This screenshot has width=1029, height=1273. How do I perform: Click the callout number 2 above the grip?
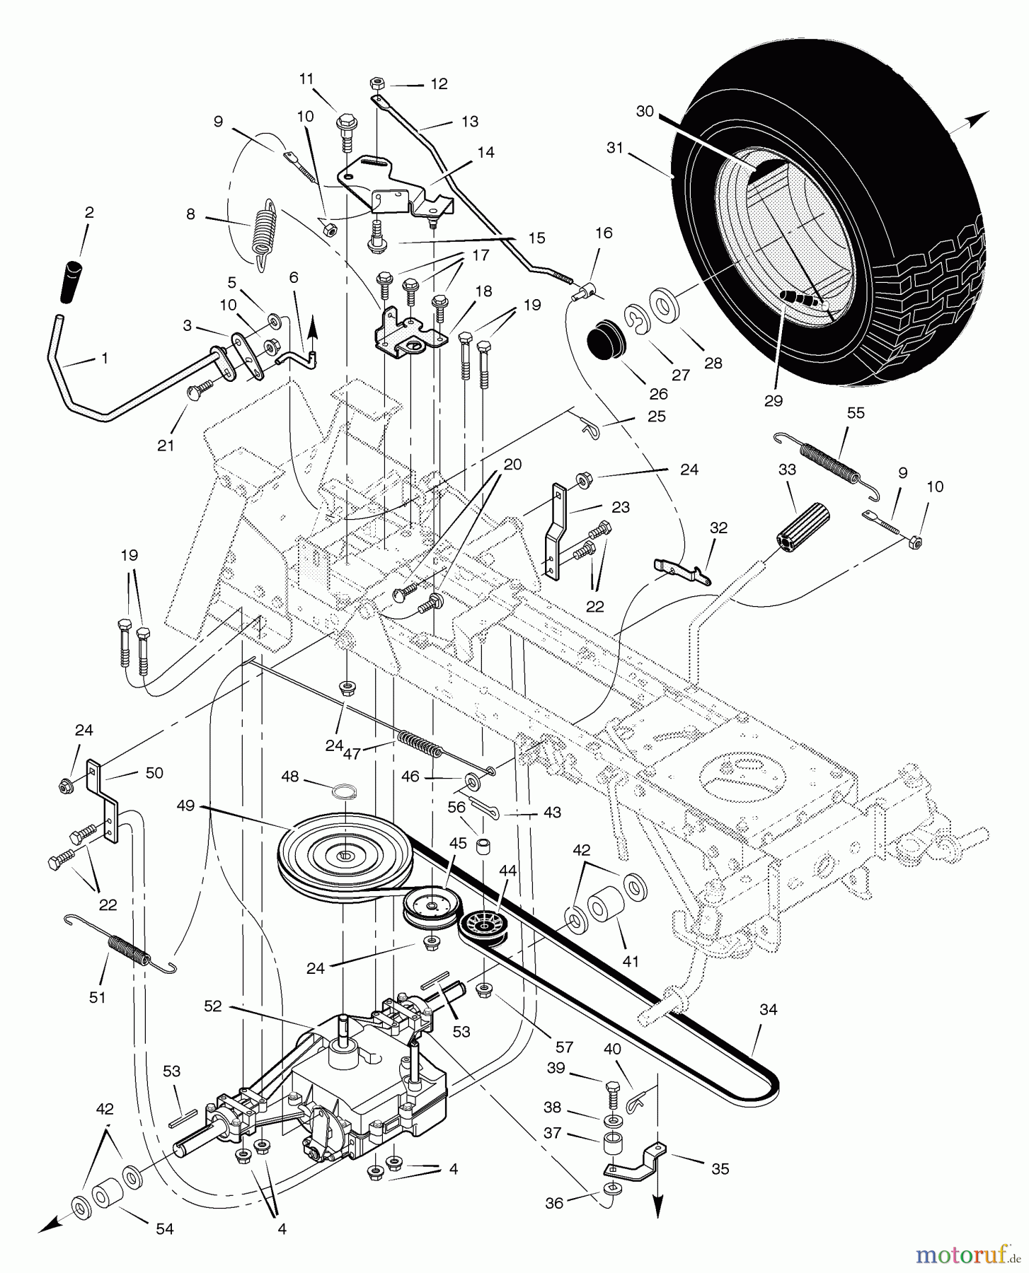coord(89,212)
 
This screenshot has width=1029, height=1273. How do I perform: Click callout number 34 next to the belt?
coord(768,1010)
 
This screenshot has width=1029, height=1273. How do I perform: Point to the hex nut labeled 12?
coord(378,83)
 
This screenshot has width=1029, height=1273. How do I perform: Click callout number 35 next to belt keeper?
coord(720,1168)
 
